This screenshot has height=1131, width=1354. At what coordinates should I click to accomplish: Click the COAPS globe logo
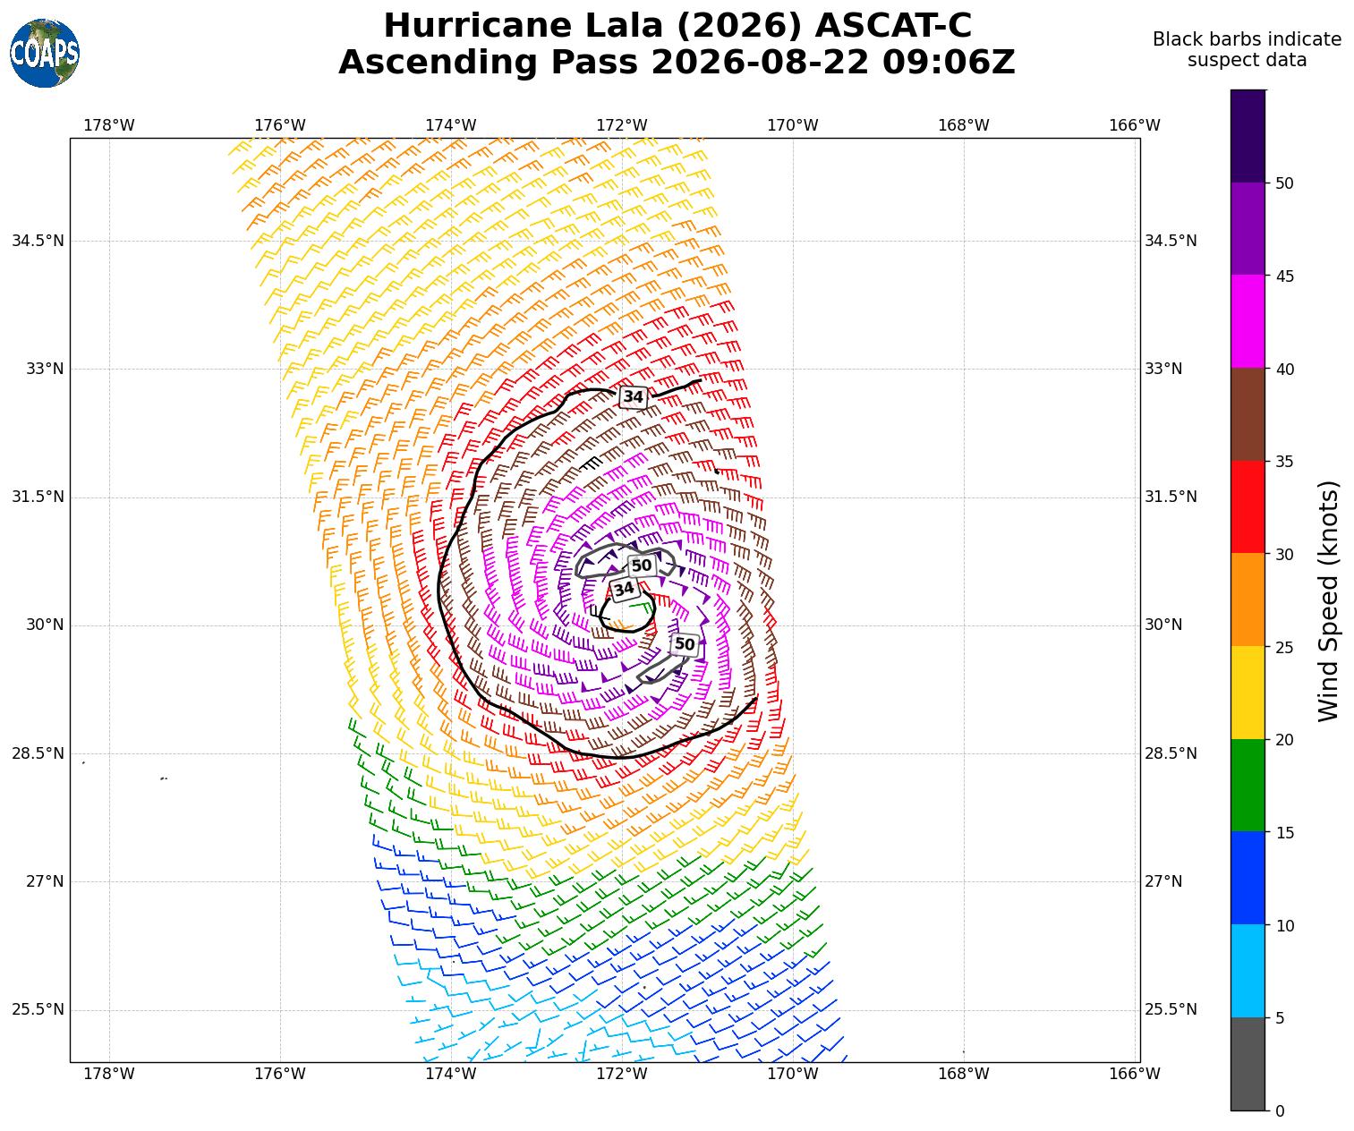click(45, 53)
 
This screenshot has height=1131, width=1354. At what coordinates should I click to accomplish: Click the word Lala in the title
click(624, 26)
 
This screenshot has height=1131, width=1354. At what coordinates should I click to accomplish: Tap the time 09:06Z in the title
click(948, 63)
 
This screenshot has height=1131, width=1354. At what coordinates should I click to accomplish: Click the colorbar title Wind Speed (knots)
click(1328, 600)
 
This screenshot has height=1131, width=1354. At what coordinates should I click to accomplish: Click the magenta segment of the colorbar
click(1248, 321)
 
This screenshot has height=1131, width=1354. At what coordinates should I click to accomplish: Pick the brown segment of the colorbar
click(1248, 414)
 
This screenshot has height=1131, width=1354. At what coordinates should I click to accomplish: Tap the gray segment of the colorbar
click(1248, 1064)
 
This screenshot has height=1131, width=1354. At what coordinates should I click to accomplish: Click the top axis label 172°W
click(621, 125)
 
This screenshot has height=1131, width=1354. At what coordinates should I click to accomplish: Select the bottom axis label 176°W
click(279, 1073)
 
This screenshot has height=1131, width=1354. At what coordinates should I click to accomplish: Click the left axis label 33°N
click(45, 369)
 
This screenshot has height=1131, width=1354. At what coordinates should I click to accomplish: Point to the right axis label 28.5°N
click(1171, 753)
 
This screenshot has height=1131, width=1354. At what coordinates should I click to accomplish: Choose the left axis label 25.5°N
click(38, 1009)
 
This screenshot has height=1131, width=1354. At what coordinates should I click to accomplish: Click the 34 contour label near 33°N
click(633, 397)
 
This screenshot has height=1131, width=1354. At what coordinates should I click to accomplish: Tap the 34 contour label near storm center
click(624, 589)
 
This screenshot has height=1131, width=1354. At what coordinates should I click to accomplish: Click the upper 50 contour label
click(642, 565)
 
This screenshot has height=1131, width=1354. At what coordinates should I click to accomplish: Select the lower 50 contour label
click(685, 644)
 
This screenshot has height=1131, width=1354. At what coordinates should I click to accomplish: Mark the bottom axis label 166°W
click(1134, 1073)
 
